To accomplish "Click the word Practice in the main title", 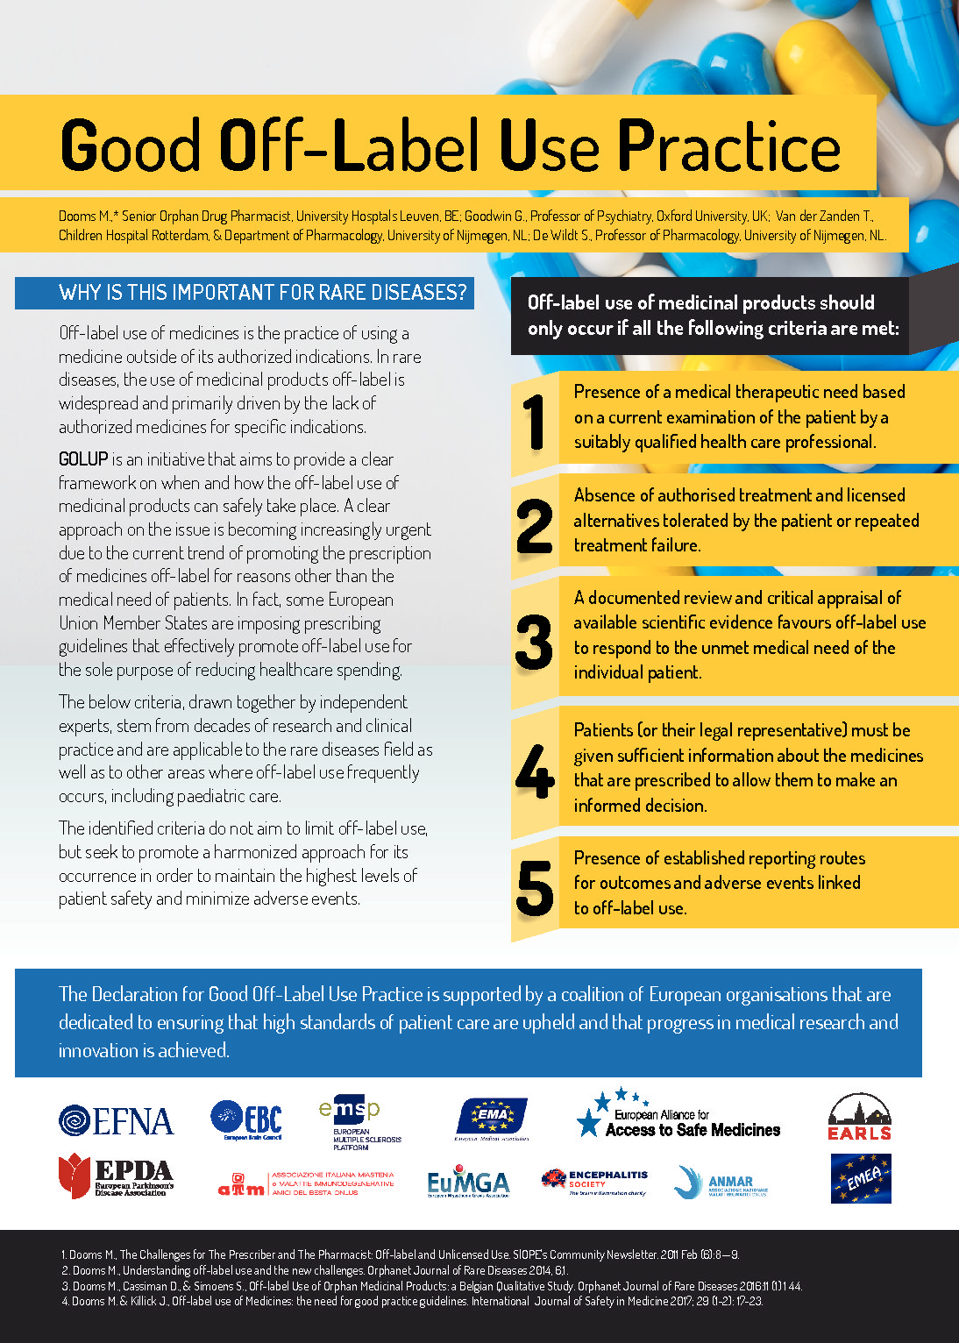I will [729, 146].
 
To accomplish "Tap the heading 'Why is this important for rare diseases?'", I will [262, 293].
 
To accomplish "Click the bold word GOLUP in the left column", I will [83, 459].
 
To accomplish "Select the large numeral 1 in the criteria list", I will [534, 423].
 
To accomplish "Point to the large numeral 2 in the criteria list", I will [534, 527].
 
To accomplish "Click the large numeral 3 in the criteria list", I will [534, 642].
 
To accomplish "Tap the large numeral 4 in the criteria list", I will [534, 771].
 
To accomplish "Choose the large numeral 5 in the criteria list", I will [534, 888].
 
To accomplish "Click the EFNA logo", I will [116, 1120].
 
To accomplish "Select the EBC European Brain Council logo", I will [246, 1119].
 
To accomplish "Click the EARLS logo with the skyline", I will [859, 1117].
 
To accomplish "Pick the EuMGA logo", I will [467, 1183].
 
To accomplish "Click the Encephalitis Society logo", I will [594, 1181].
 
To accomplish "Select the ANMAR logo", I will [721, 1183].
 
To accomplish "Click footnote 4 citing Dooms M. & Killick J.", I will [412, 1302].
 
